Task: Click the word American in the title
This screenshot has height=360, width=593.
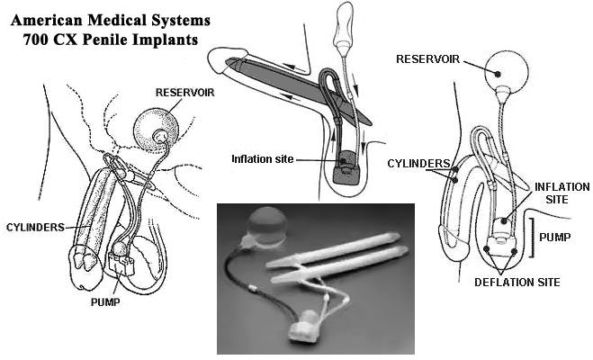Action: point(47,20)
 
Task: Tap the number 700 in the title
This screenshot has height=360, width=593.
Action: point(35,40)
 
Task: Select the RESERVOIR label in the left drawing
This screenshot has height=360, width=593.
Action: point(185,93)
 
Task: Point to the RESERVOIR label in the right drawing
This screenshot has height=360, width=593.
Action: point(427,59)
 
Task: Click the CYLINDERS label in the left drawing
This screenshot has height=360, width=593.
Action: point(36,228)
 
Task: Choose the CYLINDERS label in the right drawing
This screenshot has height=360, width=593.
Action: point(418,164)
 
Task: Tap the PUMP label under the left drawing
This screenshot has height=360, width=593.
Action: point(105,302)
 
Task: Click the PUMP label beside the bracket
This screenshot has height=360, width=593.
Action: point(555,238)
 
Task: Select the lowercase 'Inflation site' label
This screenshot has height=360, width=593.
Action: point(263,159)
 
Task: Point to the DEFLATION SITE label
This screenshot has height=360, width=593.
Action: point(517,282)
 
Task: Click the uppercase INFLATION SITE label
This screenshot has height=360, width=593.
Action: point(562,193)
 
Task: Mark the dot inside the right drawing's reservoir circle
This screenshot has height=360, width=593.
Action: point(499,74)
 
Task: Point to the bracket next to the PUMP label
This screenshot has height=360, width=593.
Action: point(533,238)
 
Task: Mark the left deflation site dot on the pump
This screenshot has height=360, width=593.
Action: point(486,248)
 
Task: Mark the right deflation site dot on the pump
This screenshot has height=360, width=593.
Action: point(514,251)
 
